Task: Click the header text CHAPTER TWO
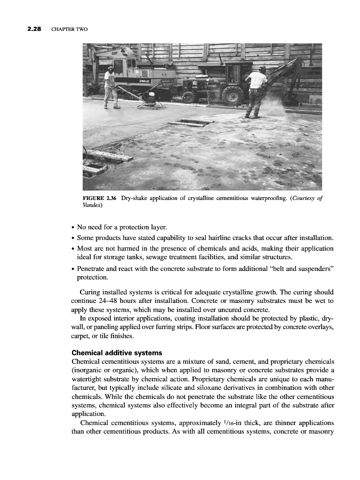coord(69,29)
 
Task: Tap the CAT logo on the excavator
coord(122,53)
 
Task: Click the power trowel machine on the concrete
coord(151,101)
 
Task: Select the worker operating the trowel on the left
coord(110,85)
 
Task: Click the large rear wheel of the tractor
coord(233,94)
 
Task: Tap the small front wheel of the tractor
coord(189,97)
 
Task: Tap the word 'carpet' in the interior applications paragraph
coord(80,337)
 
